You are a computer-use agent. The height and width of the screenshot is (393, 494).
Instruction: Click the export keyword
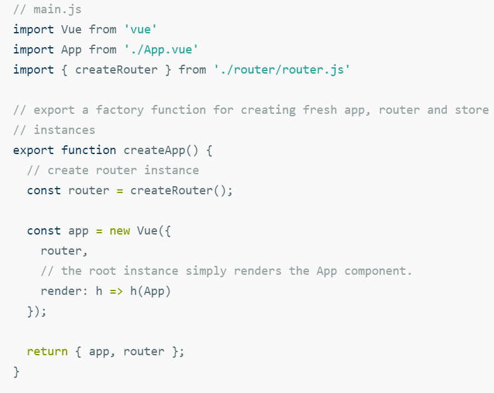33,150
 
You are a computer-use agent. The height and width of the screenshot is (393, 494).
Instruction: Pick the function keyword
89,150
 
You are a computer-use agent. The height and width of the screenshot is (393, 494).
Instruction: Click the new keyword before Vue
120,231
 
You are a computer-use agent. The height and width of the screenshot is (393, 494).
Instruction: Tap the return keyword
47,351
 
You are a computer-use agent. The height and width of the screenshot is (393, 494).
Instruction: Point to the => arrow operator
116,291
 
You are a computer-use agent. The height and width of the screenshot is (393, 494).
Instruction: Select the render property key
60,291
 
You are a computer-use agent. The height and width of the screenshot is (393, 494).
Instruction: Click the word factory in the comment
119,110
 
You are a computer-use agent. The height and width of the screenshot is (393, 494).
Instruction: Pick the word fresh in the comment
319,110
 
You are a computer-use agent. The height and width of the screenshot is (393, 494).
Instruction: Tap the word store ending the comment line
471,110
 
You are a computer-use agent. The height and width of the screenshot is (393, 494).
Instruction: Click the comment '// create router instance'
113,170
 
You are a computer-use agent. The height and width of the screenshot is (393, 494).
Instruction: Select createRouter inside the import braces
116,70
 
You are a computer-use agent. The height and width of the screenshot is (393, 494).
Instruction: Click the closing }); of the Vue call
36,311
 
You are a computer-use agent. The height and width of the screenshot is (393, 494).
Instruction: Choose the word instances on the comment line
64,130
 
